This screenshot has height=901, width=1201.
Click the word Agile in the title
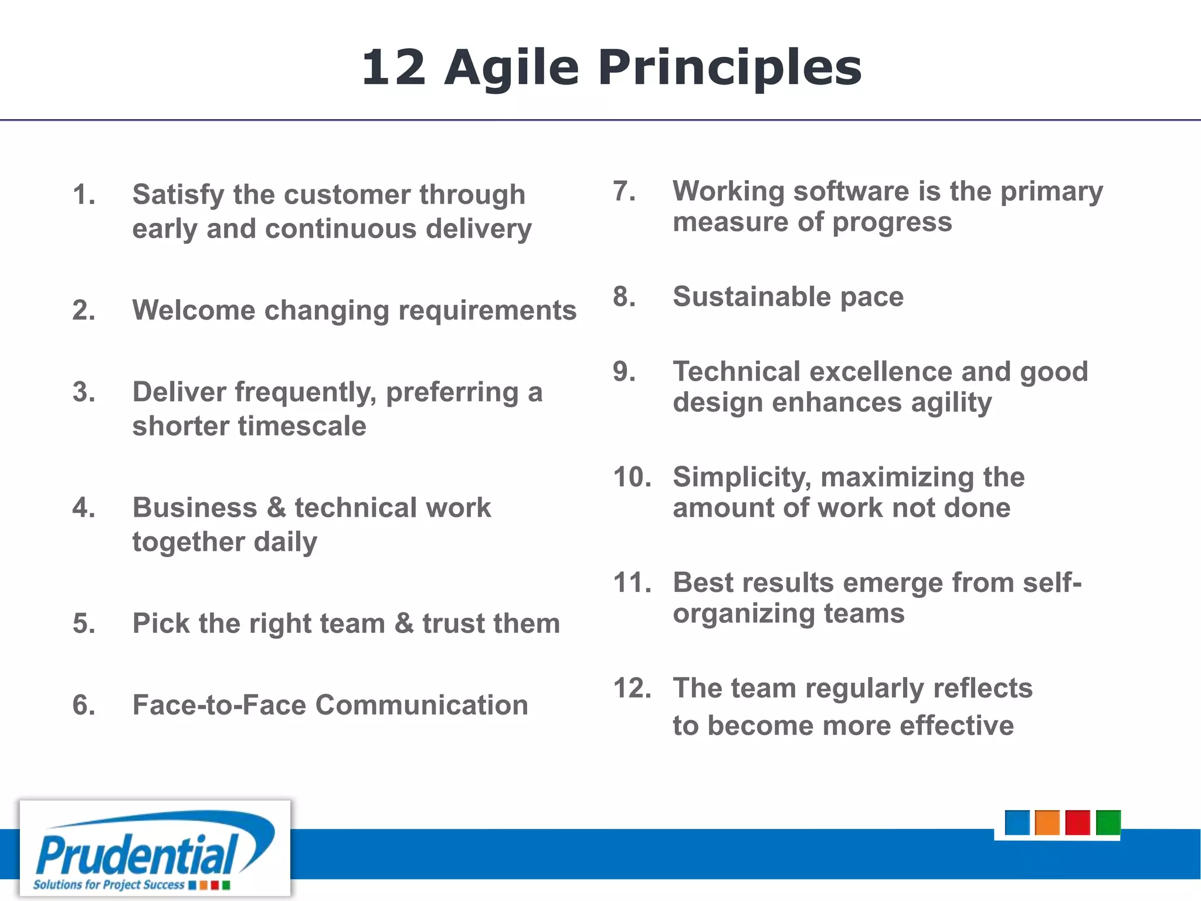(x=511, y=68)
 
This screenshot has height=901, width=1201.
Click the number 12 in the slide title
(x=393, y=68)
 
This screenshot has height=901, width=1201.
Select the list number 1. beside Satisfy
(x=84, y=195)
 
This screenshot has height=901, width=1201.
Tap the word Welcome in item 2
(x=194, y=310)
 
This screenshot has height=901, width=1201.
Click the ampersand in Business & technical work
(x=276, y=508)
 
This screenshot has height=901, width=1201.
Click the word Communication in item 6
(x=422, y=705)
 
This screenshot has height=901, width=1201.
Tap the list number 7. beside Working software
(x=624, y=191)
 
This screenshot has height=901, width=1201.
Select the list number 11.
(x=632, y=583)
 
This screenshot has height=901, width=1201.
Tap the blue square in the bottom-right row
(x=1017, y=822)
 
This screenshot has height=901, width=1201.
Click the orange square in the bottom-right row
(x=1047, y=822)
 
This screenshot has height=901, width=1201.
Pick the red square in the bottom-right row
(x=1078, y=822)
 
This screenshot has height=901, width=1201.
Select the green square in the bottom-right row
(x=1108, y=822)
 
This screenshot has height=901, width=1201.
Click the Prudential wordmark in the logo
(x=138, y=855)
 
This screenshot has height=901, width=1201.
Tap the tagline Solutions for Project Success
(x=109, y=885)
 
